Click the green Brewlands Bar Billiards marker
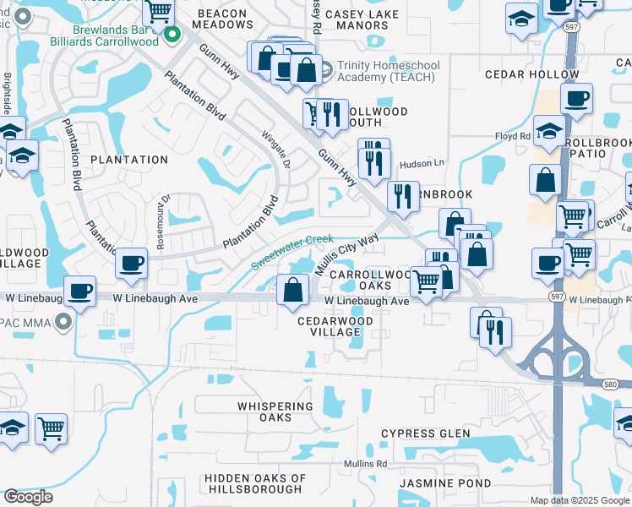[173, 35]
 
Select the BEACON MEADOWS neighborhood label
[222, 19]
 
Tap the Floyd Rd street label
[512, 135]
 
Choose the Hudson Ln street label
[415, 164]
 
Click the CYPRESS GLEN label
[425, 433]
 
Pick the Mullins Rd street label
[365, 464]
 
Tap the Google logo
[28, 497]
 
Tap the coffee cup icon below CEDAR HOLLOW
[576, 98]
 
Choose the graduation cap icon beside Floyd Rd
[548, 132]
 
